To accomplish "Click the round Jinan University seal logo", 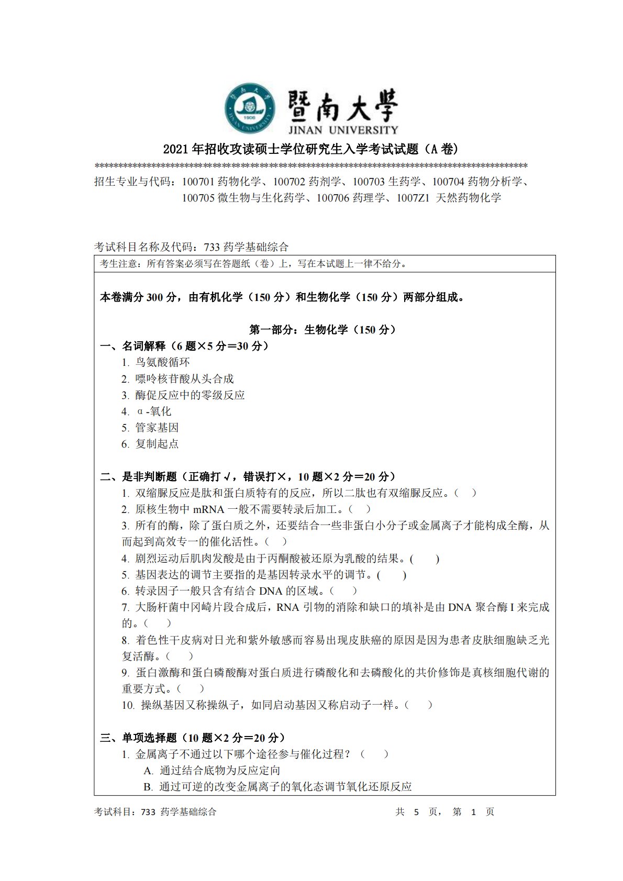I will (x=250, y=108).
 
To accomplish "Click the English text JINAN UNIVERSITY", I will (x=343, y=129).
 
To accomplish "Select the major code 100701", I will (x=198, y=182).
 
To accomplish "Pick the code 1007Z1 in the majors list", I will (x=413, y=198).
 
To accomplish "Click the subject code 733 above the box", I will (x=212, y=247).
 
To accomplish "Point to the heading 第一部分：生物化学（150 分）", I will (x=322, y=330).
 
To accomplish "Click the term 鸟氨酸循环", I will (x=162, y=362).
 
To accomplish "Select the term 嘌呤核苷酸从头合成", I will (x=184, y=379).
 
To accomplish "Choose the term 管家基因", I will (x=157, y=428).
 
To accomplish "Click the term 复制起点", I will (x=157, y=444).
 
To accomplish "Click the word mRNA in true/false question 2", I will (x=208, y=509).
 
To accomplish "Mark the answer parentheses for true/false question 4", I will (x=425, y=559).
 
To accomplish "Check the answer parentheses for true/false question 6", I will (x=343, y=591).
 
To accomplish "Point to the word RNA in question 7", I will (x=287, y=607).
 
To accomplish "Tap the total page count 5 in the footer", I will (x=417, y=812).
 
